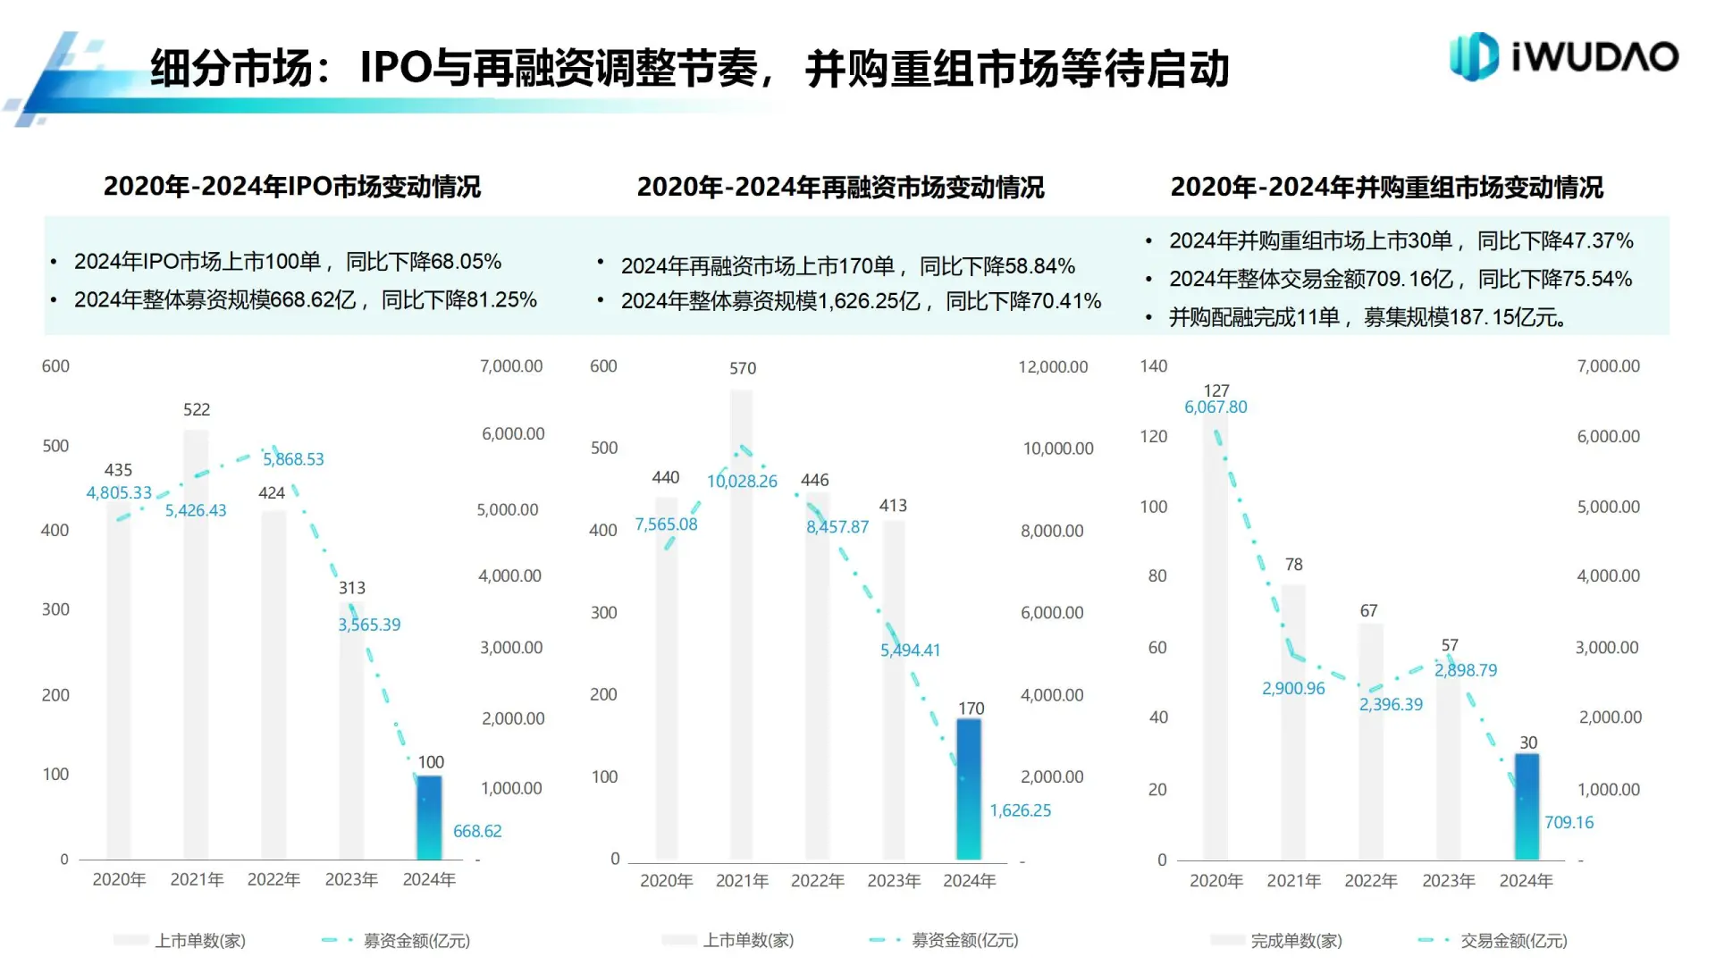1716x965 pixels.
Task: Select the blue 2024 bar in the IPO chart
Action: (x=429, y=817)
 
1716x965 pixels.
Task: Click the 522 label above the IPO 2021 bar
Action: (x=197, y=409)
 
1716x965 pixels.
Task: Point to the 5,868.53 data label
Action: (x=293, y=459)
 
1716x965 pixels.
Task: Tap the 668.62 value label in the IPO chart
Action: (x=477, y=831)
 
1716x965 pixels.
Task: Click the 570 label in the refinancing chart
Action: (x=742, y=368)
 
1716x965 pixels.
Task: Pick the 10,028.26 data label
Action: (x=742, y=482)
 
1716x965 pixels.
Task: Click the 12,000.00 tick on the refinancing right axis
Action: (x=1053, y=367)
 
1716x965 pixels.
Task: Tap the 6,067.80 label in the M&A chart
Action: (x=1215, y=407)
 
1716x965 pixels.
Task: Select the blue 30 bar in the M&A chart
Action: (x=1527, y=806)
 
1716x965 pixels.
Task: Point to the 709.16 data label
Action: (x=1569, y=822)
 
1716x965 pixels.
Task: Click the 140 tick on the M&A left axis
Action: (x=1153, y=366)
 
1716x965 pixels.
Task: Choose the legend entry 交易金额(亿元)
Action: (x=1513, y=941)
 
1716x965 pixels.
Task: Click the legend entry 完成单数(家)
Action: (x=1296, y=941)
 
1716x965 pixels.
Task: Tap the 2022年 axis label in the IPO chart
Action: (x=273, y=880)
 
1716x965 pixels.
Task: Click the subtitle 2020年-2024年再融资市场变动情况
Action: (x=840, y=188)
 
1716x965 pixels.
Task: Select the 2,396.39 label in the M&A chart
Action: (x=1391, y=705)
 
